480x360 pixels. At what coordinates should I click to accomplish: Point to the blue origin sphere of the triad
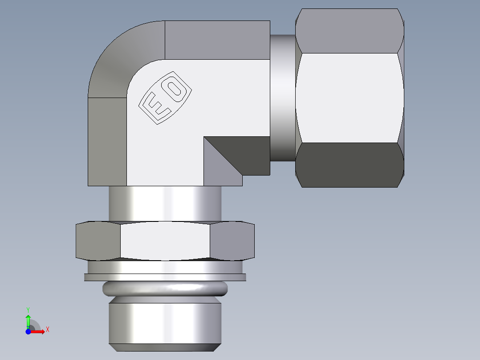click(x=28, y=331)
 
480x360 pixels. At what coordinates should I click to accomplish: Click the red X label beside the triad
click(x=47, y=330)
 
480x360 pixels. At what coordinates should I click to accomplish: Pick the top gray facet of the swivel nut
click(x=350, y=31)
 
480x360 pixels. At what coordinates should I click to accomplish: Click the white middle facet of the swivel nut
click(x=350, y=98)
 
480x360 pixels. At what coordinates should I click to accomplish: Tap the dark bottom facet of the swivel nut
click(x=350, y=165)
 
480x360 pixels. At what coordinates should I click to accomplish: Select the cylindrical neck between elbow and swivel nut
click(x=282, y=98)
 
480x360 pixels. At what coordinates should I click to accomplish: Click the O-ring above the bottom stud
click(x=165, y=289)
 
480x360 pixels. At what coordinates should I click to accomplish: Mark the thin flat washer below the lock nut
click(x=165, y=277)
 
